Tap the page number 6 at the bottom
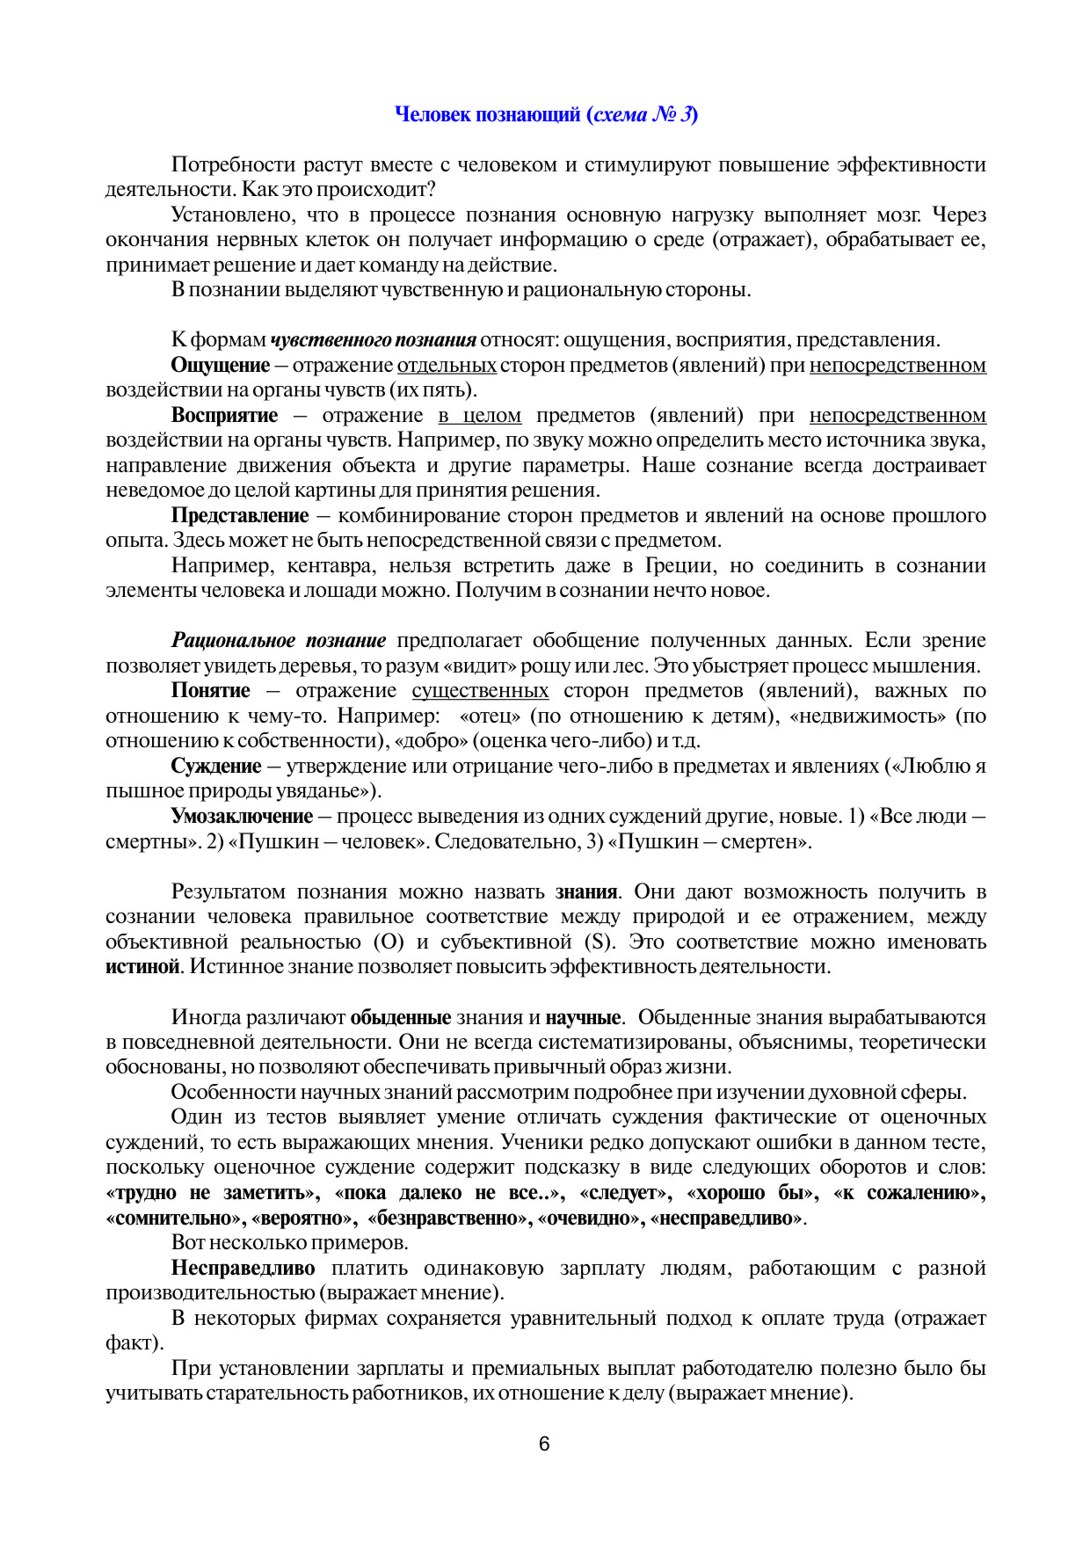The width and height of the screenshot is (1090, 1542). click(x=544, y=1444)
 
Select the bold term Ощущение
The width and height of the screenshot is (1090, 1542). click(x=220, y=365)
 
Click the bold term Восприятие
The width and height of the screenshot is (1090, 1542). click(x=224, y=415)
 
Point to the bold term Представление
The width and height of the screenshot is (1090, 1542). click(x=240, y=515)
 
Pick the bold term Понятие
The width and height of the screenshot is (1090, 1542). click(x=210, y=690)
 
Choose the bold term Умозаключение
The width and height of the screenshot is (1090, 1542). click(x=242, y=816)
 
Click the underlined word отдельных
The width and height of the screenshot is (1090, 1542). click(x=447, y=365)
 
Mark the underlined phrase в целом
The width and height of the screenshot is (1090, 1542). click(x=479, y=415)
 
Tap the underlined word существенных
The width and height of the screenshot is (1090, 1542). click(x=480, y=690)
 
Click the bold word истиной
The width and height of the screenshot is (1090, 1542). click(x=142, y=966)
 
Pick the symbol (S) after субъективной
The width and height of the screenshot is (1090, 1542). click(x=598, y=942)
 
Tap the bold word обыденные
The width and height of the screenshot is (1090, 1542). click(x=400, y=1017)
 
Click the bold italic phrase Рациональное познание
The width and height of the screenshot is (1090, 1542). click(x=279, y=640)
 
